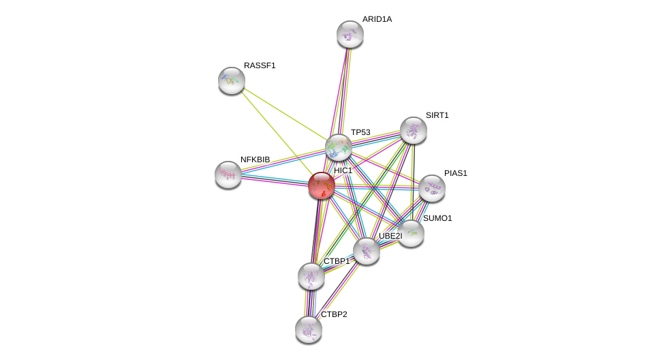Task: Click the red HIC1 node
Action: click(x=321, y=185)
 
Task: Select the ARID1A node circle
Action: click(x=350, y=34)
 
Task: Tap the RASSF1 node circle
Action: click(x=232, y=80)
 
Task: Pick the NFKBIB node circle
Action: click(x=228, y=174)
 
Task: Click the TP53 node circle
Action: click(x=338, y=147)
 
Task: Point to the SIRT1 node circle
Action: click(x=413, y=130)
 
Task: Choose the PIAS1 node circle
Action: click(x=431, y=188)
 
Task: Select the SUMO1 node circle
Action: click(x=411, y=233)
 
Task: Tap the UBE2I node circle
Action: click(x=367, y=251)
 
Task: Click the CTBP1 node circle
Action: click(x=311, y=276)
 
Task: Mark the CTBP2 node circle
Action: click(x=308, y=329)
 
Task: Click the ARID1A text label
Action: click(x=377, y=19)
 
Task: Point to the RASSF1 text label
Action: click(x=260, y=65)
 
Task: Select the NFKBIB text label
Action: click(x=256, y=160)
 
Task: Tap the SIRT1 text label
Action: click(x=437, y=115)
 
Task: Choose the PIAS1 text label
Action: click(x=455, y=173)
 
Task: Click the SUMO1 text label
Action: click(x=437, y=218)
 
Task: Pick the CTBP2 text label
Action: click(x=334, y=314)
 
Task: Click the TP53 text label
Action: click(x=360, y=132)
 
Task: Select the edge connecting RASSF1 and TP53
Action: click(x=285, y=114)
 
